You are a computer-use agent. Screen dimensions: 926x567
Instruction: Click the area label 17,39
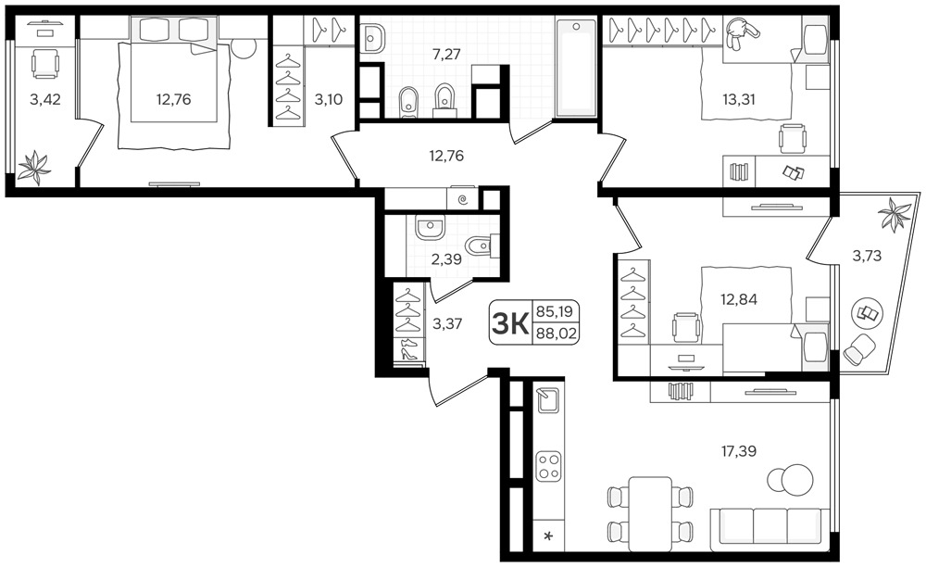[x=739, y=452]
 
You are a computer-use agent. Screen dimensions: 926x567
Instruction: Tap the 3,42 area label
[x=45, y=99]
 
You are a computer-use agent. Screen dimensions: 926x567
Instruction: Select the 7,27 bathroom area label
[x=446, y=55]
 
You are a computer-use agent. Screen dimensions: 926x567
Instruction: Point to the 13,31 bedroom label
[x=739, y=99]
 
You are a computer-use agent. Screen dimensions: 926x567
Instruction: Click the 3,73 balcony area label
[x=867, y=256]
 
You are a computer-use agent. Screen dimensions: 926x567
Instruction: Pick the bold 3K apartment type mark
[x=510, y=323]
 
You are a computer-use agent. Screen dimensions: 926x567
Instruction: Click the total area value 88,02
[x=556, y=334]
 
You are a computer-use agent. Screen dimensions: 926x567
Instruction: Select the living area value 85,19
[x=556, y=311]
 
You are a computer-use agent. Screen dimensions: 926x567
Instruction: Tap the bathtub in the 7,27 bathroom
[x=576, y=67]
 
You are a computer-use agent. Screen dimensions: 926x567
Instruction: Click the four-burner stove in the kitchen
[x=548, y=466]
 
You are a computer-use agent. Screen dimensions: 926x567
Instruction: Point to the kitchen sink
[x=548, y=400]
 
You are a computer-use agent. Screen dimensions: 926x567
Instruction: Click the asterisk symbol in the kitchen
[x=548, y=536]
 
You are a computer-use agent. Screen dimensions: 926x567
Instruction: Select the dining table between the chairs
[x=650, y=513]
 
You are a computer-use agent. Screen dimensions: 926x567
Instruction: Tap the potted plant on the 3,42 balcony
[x=34, y=167]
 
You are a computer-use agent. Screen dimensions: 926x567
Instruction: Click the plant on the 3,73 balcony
[x=895, y=213]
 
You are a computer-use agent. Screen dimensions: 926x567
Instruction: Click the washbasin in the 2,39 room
[x=430, y=227]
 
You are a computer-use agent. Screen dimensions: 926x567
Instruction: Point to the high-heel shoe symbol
[x=408, y=353]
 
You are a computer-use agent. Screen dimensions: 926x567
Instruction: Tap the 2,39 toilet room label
[x=446, y=259]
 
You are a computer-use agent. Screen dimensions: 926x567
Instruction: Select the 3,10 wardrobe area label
[x=329, y=99]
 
